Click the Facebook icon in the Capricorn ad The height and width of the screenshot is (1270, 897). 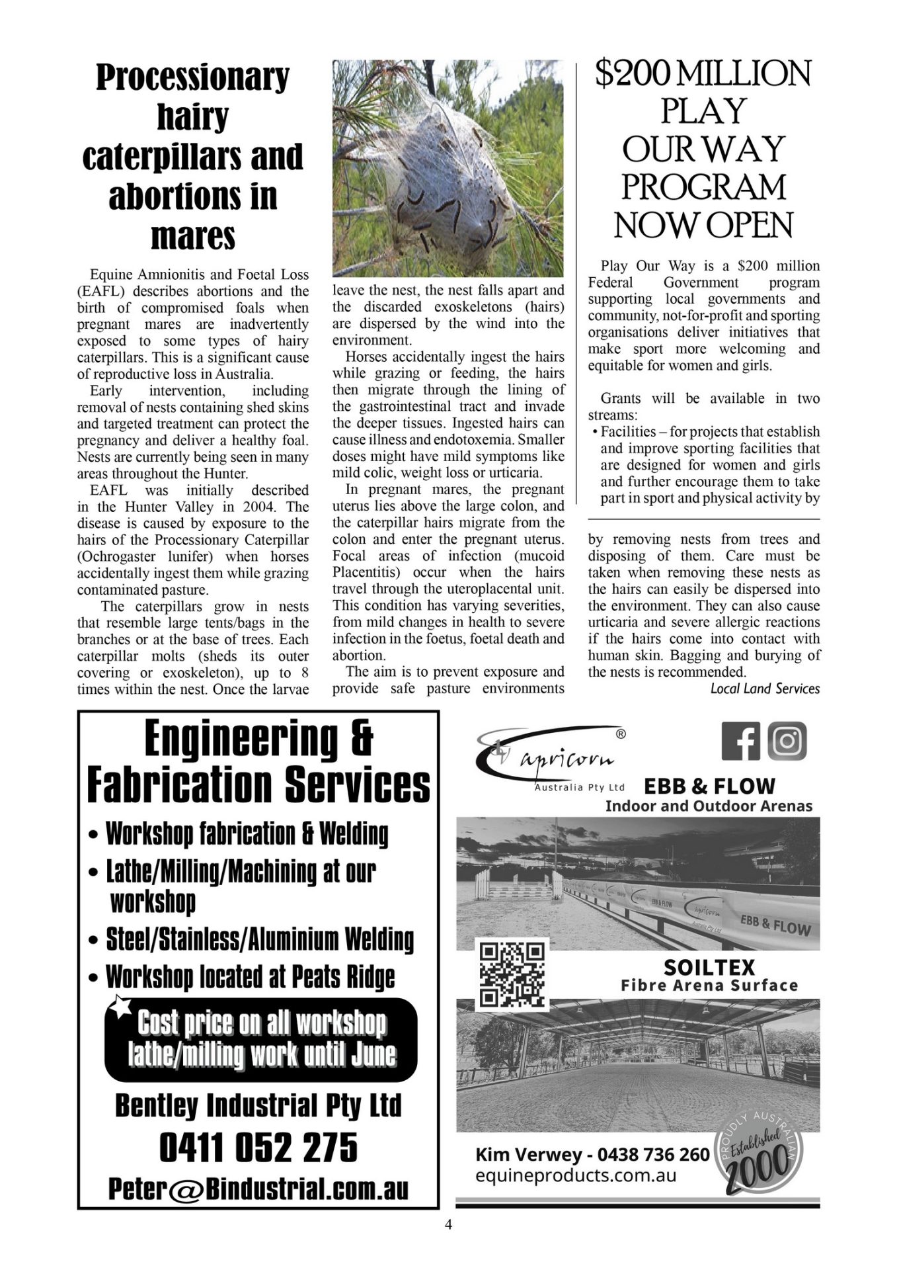click(x=740, y=741)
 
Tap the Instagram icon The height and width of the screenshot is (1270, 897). click(x=787, y=741)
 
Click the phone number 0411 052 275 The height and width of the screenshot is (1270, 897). click(x=258, y=1148)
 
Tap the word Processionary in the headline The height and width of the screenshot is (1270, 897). click(x=192, y=77)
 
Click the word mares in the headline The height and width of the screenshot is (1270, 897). click(x=192, y=236)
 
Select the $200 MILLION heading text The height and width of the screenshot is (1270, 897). click(x=703, y=74)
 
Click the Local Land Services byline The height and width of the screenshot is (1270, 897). click(x=765, y=689)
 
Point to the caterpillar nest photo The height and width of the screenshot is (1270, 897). click(x=448, y=168)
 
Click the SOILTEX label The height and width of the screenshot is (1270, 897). click(x=709, y=967)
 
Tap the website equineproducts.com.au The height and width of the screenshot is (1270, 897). click(x=576, y=1175)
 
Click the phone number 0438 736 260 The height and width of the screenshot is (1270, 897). click(x=653, y=1155)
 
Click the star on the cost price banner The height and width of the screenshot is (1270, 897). click(x=120, y=1006)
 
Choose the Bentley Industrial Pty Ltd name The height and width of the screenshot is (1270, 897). click(x=258, y=1105)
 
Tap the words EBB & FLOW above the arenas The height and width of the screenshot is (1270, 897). click(x=709, y=786)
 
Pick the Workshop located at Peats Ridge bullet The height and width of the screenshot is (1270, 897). click(x=250, y=976)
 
